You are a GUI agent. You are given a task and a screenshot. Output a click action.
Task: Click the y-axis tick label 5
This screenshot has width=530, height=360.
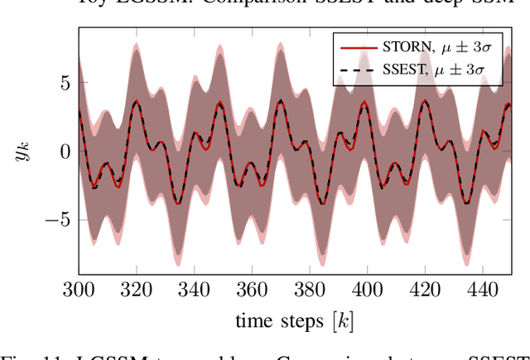(x=65, y=83)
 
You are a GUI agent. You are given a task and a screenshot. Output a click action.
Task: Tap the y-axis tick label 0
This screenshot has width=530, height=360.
(x=65, y=151)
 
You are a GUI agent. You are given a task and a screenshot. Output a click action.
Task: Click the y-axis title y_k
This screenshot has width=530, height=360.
(x=27, y=151)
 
